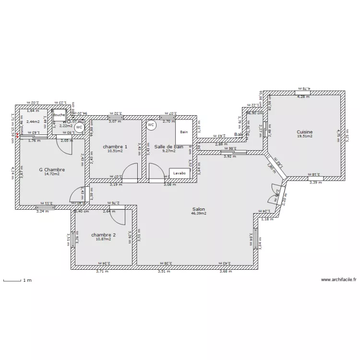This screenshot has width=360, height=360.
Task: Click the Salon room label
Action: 199,209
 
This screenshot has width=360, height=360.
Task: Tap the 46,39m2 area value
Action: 199,214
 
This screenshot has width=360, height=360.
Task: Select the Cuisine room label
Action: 304,132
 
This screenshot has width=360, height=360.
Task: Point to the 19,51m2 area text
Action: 304,136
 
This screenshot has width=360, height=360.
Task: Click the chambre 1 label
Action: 115,146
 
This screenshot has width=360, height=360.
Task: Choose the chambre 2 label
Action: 103,235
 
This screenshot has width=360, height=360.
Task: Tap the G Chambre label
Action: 52,169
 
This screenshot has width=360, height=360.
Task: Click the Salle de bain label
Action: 168,146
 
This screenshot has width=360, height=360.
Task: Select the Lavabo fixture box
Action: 180,173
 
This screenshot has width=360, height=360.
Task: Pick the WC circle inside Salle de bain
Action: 151,125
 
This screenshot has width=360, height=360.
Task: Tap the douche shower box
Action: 59,115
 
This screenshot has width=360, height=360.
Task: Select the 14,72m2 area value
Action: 52,174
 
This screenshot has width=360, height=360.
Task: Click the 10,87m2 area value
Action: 103,239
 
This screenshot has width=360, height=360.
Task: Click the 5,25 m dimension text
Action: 347,135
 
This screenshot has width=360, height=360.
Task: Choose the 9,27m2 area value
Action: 168,151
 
